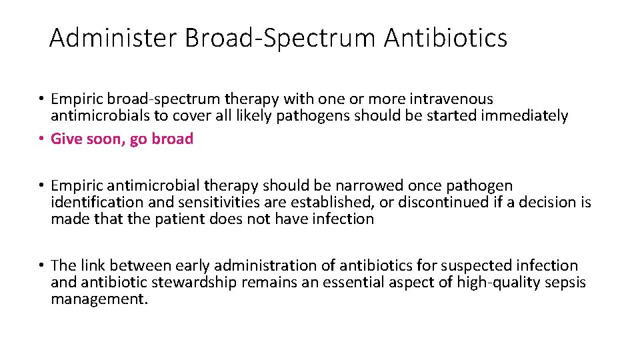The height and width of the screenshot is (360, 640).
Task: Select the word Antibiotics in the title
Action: [445, 38]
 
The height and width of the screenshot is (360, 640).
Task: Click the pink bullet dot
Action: [41, 139]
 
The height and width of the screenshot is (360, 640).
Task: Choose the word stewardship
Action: [193, 282]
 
